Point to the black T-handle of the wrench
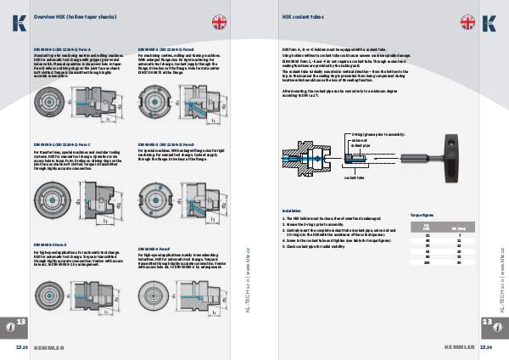click(x=424, y=149)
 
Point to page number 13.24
click(x=486, y=347)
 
